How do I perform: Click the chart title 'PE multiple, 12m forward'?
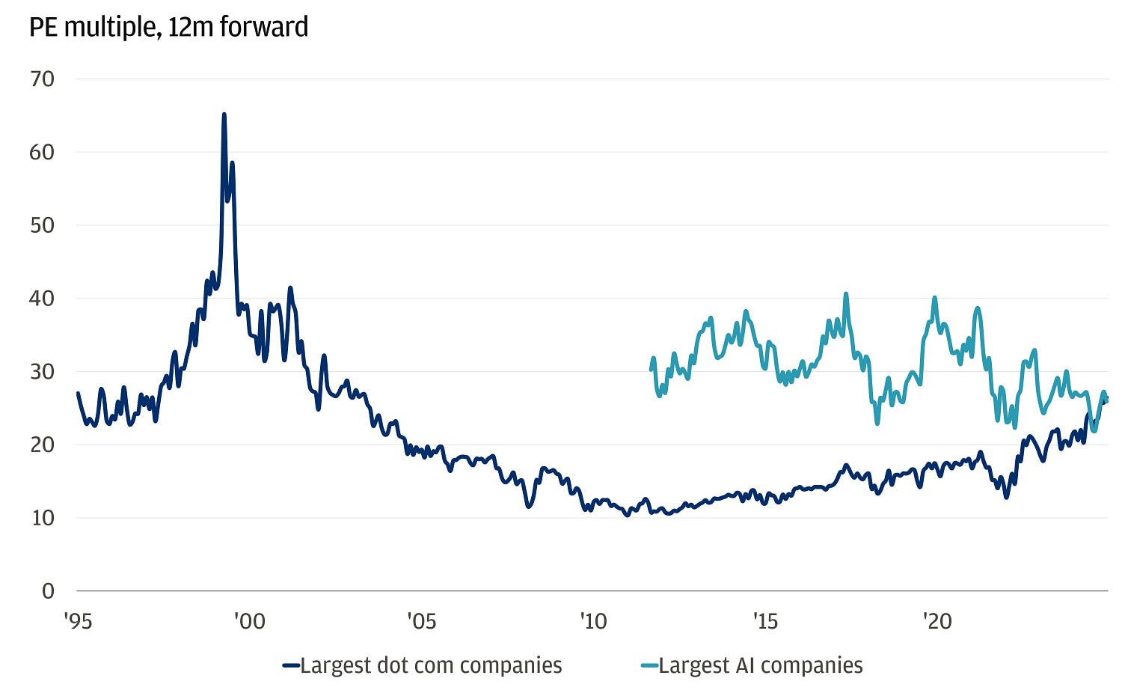point(168,28)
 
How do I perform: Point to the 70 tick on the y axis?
point(43,79)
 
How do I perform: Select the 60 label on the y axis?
point(43,153)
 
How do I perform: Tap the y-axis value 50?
point(43,225)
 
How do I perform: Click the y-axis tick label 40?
point(43,299)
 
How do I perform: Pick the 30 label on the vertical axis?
point(43,372)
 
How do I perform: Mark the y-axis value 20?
point(43,445)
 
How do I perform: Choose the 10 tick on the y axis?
point(43,518)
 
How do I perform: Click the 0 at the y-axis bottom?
point(48,591)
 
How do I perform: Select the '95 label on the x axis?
point(78,622)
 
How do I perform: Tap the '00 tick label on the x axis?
point(249,622)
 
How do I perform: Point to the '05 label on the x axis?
point(421,622)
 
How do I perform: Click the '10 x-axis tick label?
point(593,622)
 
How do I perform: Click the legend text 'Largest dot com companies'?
point(431,665)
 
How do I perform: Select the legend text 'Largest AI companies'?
point(761,665)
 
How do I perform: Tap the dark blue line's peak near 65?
point(224,115)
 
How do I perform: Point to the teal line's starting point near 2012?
point(651,369)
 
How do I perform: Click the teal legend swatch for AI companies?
point(649,666)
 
